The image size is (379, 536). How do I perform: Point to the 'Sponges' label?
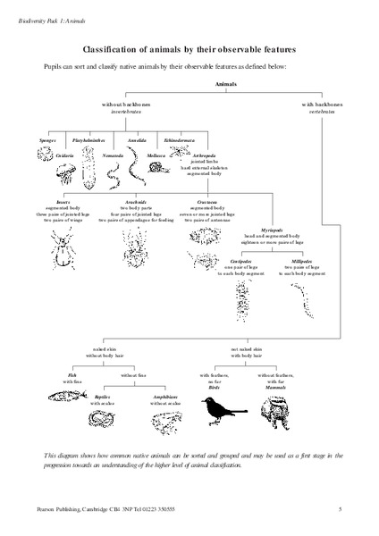(x=47, y=140)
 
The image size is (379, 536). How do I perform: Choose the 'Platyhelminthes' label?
(x=87, y=140)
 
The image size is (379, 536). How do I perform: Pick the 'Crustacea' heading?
(x=210, y=202)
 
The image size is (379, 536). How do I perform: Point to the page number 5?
(x=340, y=509)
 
